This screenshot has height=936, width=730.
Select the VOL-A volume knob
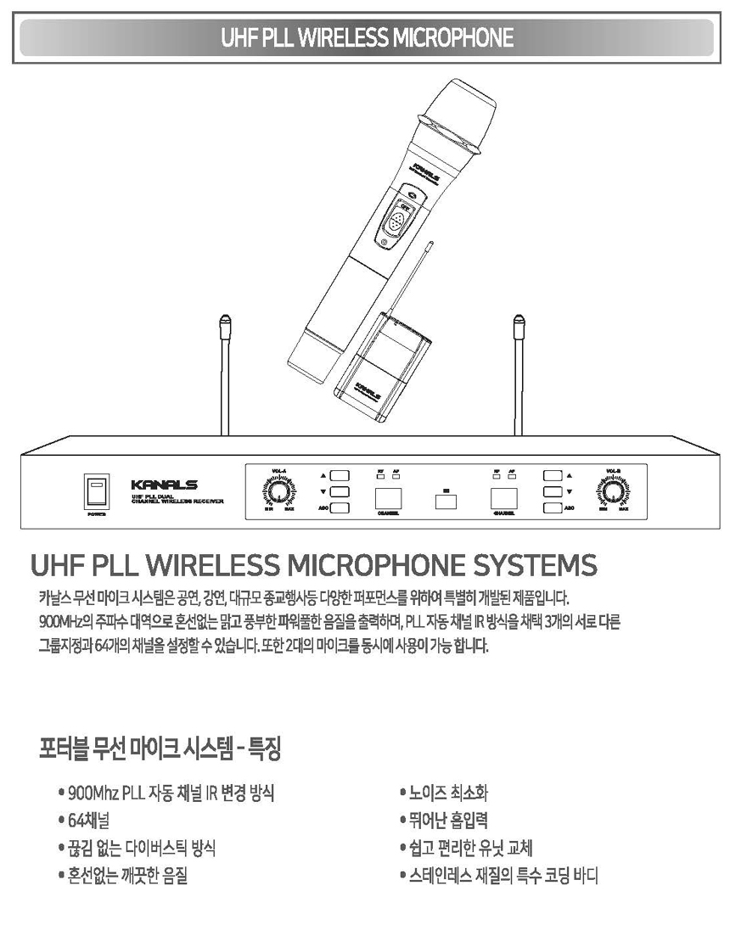point(279,491)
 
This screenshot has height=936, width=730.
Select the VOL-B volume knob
point(613,491)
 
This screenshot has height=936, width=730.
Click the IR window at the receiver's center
point(446,500)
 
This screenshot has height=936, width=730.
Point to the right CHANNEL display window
point(502,498)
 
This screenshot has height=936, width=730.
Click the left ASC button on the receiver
point(340,508)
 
